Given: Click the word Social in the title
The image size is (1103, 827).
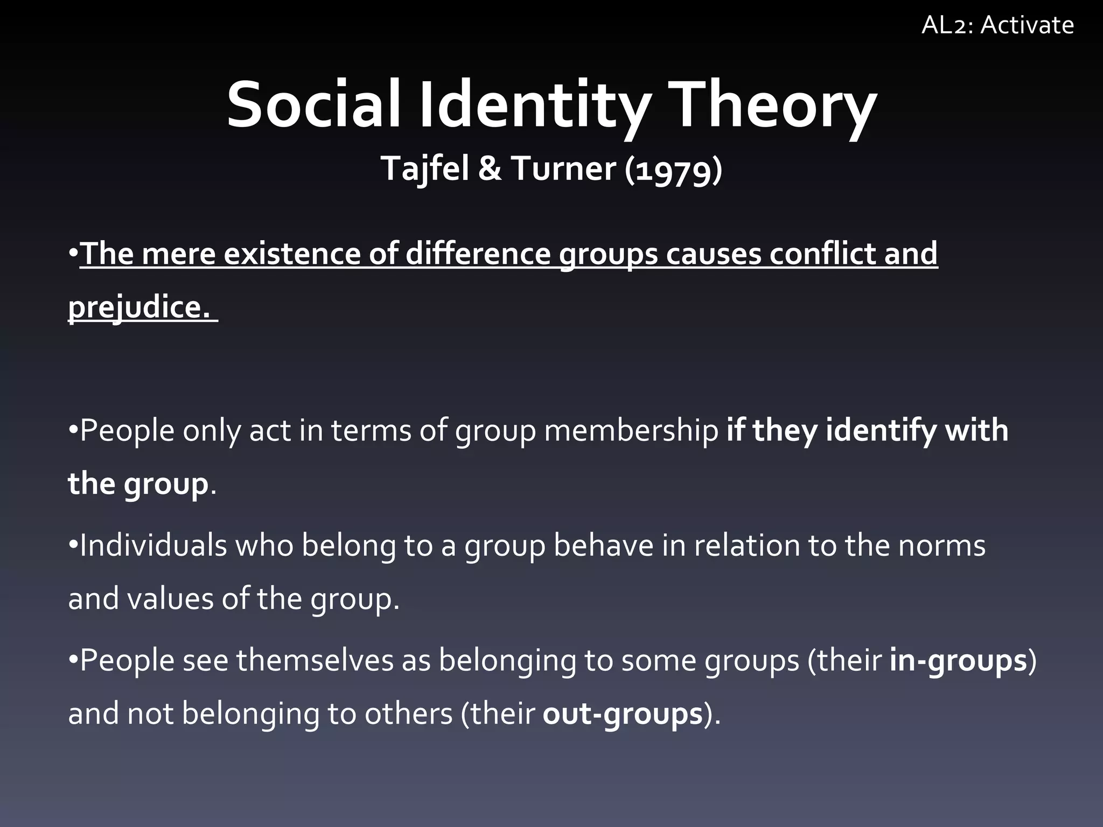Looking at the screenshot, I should coord(313,105).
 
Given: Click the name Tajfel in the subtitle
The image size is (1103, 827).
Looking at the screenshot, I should coord(425,169).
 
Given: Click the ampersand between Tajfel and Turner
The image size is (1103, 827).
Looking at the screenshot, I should coord(490,169).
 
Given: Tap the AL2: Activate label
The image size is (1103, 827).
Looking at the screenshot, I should coord(997,25).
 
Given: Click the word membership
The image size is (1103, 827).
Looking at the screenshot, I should coord(631,430).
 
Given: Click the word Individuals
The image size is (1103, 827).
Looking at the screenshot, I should coord(153,545).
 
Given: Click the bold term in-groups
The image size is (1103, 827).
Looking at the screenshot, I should coord(958,661).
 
